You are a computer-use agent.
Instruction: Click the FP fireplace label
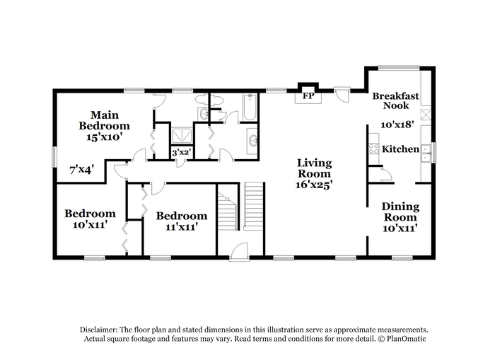[x=308, y=95]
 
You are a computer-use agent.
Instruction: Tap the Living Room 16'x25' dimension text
[x=315, y=185]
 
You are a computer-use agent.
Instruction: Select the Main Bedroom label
[x=104, y=120]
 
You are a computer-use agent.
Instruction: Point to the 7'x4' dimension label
[x=82, y=170]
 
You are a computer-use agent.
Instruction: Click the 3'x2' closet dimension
[x=182, y=153]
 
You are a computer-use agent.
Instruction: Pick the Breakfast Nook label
[x=396, y=100]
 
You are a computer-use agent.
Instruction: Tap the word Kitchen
[x=401, y=149]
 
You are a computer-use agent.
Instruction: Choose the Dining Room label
[x=401, y=211]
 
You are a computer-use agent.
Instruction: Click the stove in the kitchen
[x=374, y=149]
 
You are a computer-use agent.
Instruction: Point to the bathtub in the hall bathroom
[x=250, y=107]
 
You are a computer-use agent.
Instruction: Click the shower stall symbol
[x=182, y=137]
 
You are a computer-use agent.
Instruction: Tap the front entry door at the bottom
[x=240, y=252]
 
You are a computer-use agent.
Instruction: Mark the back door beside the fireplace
[x=342, y=94]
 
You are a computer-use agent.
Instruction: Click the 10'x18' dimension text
[x=397, y=124]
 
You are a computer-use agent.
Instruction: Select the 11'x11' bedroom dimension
[x=182, y=227]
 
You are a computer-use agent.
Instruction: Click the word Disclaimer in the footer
[x=99, y=330]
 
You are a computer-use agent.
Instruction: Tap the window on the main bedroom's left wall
[x=54, y=156]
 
